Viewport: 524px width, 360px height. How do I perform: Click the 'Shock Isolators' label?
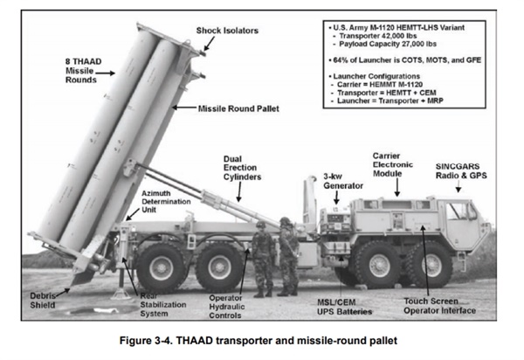[x=227, y=31]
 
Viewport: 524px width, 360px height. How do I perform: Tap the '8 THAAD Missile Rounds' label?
[x=83, y=71]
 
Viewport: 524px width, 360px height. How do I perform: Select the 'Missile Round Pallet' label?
[x=238, y=108]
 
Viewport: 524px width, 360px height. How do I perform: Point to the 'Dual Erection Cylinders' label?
[x=242, y=168]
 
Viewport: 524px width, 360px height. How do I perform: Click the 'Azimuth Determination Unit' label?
[x=166, y=202]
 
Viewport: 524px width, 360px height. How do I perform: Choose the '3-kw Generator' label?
[x=343, y=181]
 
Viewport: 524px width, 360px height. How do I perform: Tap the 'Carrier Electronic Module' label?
[x=393, y=165]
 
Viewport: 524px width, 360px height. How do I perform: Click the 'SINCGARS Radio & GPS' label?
[x=461, y=170]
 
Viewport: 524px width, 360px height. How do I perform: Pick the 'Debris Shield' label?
[x=43, y=301]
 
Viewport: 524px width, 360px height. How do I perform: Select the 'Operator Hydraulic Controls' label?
[x=226, y=307]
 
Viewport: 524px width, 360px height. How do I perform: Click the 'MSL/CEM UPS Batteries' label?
[x=344, y=308]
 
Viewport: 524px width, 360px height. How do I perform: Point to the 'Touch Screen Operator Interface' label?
[x=439, y=306]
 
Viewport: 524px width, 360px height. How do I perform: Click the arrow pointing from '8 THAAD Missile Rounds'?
[x=105, y=73]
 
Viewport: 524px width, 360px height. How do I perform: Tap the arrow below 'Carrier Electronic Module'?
[x=397, y=188]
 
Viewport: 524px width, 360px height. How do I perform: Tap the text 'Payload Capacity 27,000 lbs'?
[x=388, y=44]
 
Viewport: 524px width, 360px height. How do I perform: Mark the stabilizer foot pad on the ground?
[x=121, y=294]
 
